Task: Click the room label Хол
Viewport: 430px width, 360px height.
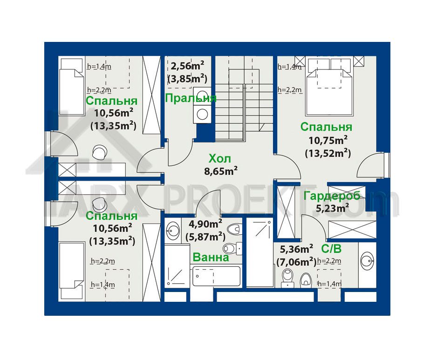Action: (x=220, y=158)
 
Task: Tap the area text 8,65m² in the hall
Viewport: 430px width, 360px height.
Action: (x=221, y=171)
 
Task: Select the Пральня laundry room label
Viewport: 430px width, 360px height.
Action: (x=191, y=98)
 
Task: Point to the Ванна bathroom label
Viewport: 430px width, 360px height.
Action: (x=211, y=257)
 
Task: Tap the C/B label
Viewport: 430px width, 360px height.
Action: (x=331, y=249)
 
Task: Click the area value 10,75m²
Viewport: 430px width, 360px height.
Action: (x=328, y=140)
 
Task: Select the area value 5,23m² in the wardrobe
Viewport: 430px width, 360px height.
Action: (x=332, y=208)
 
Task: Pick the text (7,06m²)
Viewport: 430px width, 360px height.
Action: (x=296, y=262)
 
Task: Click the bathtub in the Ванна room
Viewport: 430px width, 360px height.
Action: (x=216, y=276)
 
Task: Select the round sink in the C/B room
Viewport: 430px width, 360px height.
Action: (x=367, y=260)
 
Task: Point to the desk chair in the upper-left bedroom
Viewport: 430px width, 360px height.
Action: (x=99, y=152)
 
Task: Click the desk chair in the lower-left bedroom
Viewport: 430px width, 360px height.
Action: (x=99, y=203)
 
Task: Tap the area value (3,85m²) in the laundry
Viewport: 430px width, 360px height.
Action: (x=187, y=79)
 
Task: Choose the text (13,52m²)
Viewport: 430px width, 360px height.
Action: (x=328, y=153)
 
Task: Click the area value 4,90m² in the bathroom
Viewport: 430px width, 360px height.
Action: (x=205, y=224)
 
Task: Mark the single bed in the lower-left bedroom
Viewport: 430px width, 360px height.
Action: (x=72, y=271)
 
